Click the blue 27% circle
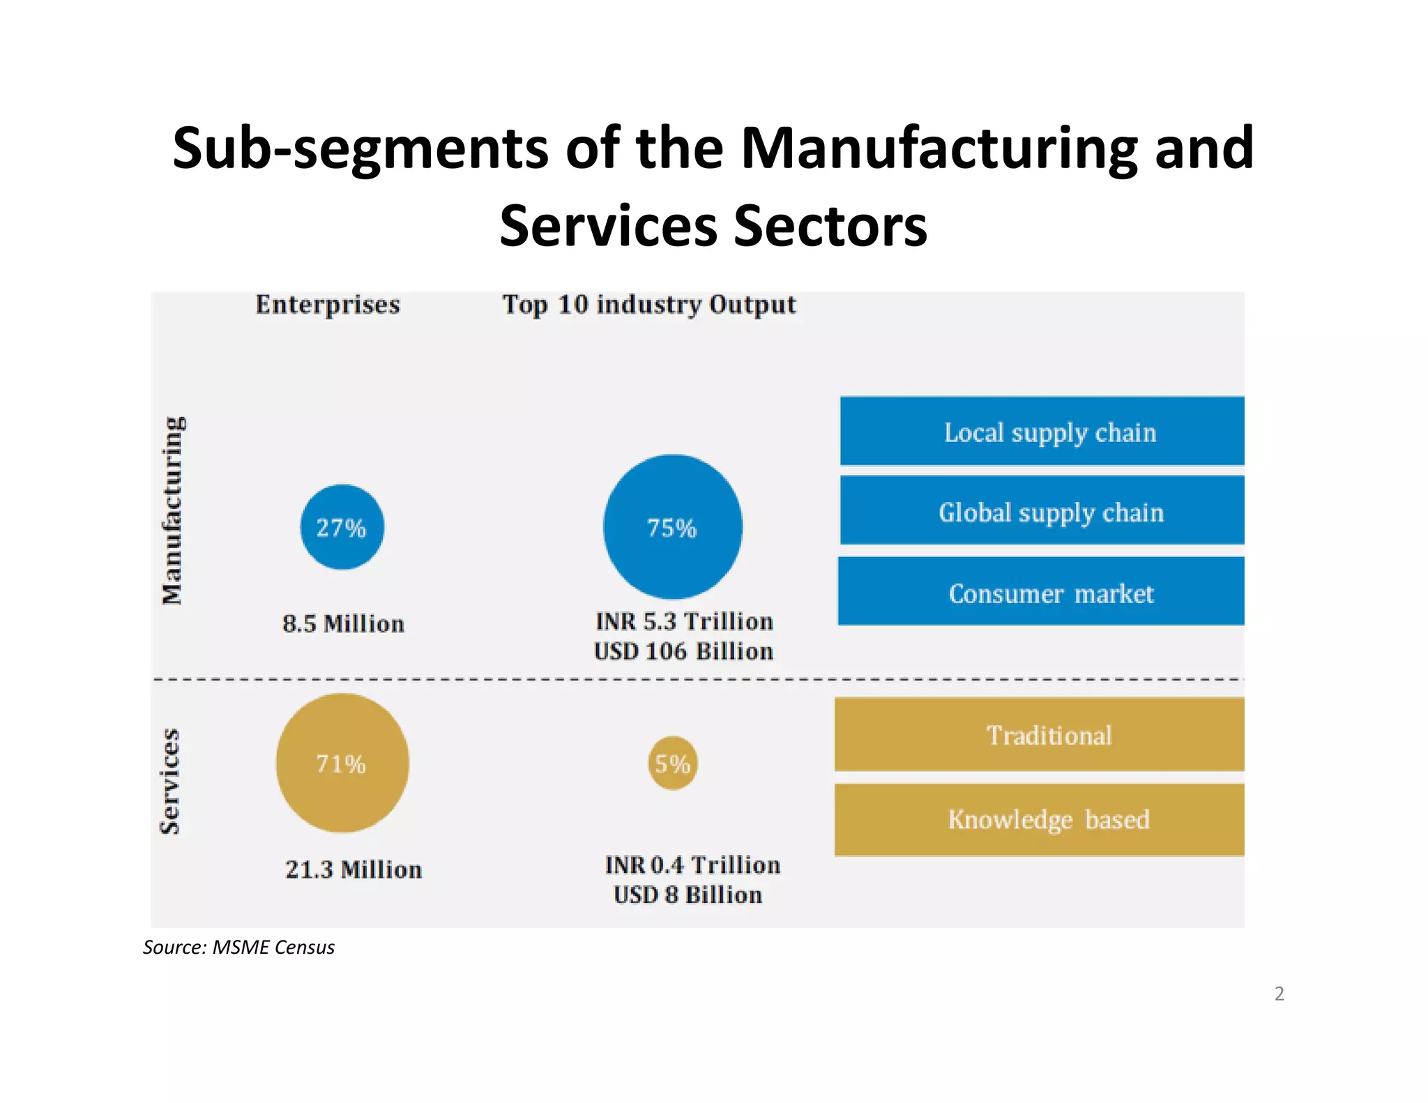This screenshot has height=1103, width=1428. coord(342,527)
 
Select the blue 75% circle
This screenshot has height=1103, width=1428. coord(672,527)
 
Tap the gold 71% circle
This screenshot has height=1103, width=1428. coord(342,763)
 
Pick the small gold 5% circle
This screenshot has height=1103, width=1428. coord(672,763)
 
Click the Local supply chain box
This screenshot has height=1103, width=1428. coord(1042,432)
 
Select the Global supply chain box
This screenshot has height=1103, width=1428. coord(1042,511)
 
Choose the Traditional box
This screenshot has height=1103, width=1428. coord(1039,735)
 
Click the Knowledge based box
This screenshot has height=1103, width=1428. coord(1039,819)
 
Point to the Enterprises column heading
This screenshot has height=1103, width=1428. coord(328,305)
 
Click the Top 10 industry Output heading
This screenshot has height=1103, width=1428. coord(649,305)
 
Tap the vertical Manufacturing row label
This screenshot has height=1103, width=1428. coord(172,510)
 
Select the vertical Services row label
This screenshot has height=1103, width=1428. coord(170,781)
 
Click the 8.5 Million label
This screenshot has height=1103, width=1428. coord(343,623)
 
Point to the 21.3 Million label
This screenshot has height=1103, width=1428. coord(354,869)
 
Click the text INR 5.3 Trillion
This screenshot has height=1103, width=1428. coord(684,621)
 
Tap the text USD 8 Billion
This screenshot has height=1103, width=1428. coord(688,895)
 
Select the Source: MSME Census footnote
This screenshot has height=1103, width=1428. coord(238,947)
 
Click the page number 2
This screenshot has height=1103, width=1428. coord(1279,993)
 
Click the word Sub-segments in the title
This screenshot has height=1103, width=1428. coord(360,149)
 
